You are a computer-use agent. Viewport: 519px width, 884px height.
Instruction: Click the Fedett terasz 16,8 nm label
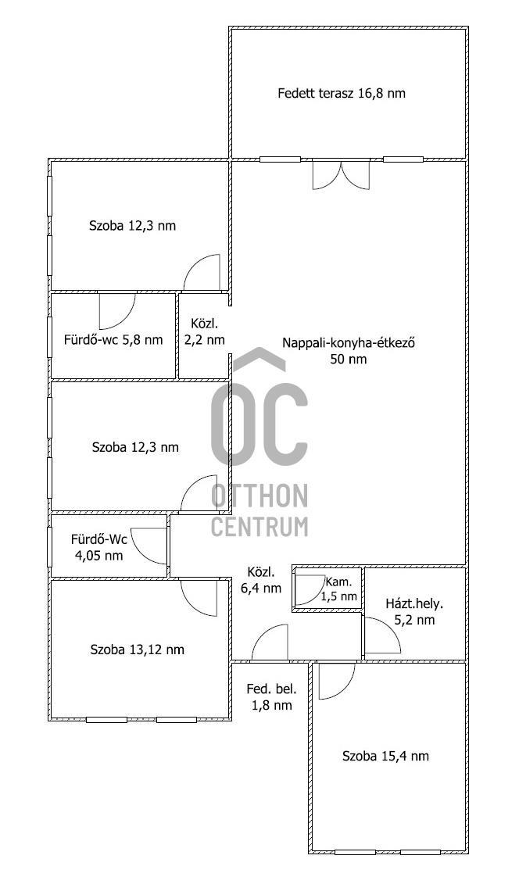click(342, 93)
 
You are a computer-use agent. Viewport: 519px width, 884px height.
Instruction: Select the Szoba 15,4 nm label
click(385, 756)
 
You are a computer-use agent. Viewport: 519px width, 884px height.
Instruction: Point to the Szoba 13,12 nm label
click(138, 650)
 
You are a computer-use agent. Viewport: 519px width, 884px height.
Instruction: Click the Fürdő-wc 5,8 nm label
click(113, 339)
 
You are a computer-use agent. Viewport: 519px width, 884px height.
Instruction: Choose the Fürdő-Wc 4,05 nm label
click(98, 547)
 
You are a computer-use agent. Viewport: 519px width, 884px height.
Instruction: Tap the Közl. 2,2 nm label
click(204, 331)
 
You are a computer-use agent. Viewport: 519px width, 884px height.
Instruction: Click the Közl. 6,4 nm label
click(261, 579)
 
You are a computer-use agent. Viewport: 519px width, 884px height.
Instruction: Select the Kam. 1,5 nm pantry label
click(340, 589)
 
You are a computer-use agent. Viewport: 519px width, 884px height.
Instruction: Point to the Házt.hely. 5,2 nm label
click(414, 611)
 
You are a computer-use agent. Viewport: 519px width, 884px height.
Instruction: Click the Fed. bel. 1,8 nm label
click(271, 696)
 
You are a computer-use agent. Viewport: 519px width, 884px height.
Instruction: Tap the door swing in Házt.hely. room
click(381, 636)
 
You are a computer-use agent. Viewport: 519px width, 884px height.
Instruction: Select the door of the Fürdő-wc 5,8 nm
click(117, 310)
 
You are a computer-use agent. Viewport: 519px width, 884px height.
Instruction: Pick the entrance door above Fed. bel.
click(270, 643)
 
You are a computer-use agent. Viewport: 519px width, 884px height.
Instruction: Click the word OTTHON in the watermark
click(260, 496)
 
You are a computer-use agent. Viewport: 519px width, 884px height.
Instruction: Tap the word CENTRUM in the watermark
click(260, 527)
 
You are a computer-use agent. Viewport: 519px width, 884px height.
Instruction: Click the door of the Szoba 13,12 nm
click(199, 596)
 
